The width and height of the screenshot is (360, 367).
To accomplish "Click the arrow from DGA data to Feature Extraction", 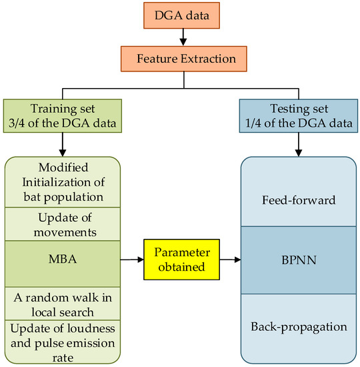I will click(180, 39).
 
